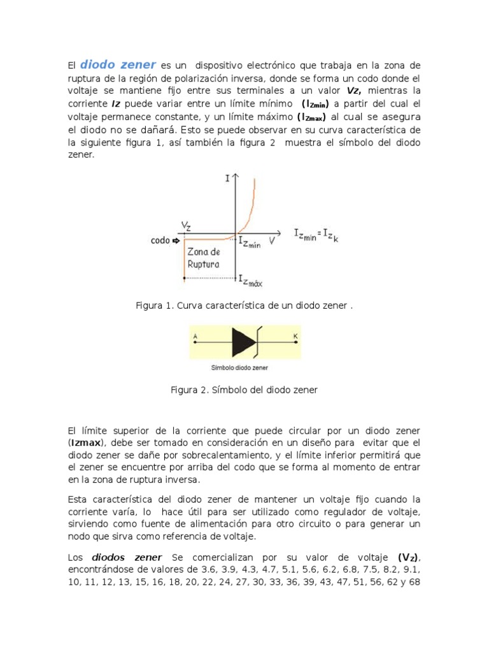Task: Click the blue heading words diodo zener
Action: (118, 64)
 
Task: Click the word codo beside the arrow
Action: (160, 240)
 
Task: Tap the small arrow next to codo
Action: (176, 240)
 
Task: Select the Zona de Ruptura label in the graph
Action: (204, 257)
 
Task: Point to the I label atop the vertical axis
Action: (227, 180)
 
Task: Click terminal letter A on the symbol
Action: (195, 336)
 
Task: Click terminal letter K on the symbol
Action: (295, 336)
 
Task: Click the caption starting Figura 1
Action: (244, 305)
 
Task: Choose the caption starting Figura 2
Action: (244, 389)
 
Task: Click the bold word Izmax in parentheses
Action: (86, 443)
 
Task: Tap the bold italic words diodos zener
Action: (127, 557)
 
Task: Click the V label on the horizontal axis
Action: (271, 240)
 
